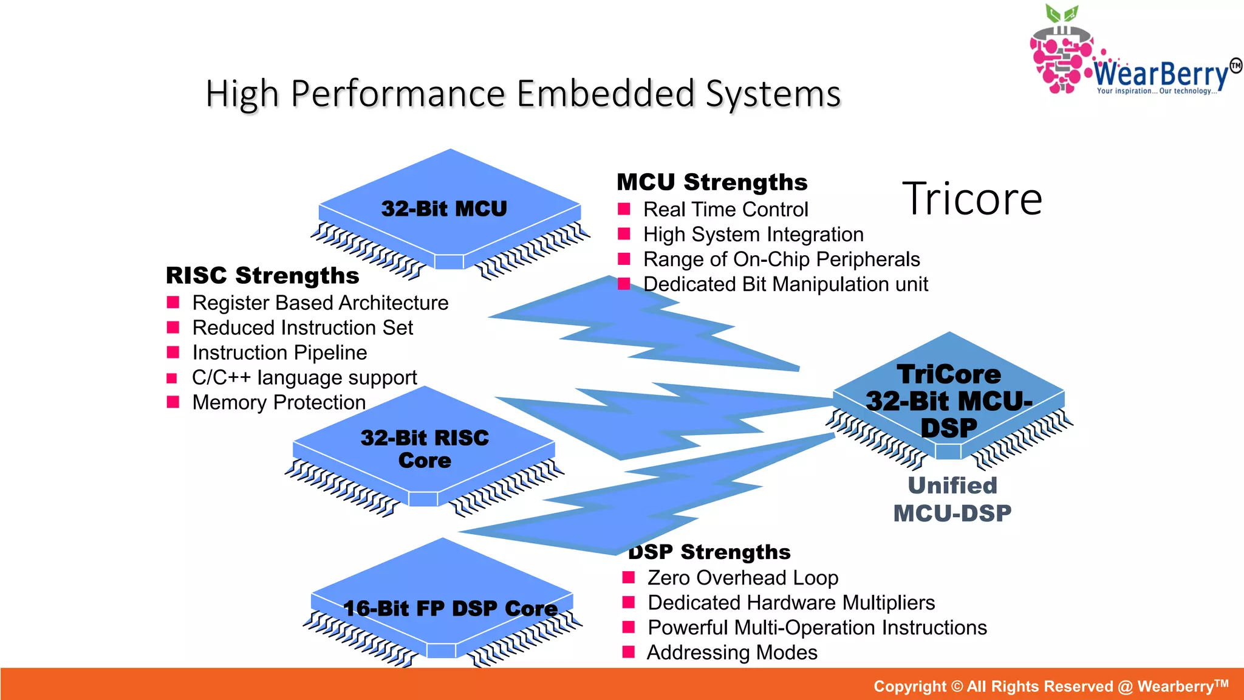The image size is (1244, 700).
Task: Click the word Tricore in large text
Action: [x=972, y=199]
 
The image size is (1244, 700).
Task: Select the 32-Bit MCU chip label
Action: [x=444, y=209]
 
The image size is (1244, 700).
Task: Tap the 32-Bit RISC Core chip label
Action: [x=425, y=448]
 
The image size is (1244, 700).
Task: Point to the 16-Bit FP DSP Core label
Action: [x=450, y=608]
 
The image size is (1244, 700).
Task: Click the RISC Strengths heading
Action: [x=262, y=276]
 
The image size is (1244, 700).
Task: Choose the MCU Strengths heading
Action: [x=712, y=182]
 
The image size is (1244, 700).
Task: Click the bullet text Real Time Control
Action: [x=725, y=210]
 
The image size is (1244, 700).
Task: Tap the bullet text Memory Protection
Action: [x=279, y=402]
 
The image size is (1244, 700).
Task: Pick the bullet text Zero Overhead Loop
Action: [x=742, y=578]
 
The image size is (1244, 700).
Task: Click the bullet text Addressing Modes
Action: [x=732, y=653]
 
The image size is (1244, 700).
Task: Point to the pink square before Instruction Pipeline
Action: [x=173, y=352]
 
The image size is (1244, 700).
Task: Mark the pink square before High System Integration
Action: [x=624, y=234]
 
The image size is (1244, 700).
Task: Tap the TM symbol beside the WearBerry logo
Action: [x=1235, y=66]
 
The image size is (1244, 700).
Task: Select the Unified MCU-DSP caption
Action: [x=952, y=499]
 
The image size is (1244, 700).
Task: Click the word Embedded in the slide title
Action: [x=605, y=94]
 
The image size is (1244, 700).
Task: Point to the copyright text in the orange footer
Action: [x=1051, y=686]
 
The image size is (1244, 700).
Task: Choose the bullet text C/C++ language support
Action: [x=304, y=377]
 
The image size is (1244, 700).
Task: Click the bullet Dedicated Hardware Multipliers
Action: [x=791, y=603]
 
